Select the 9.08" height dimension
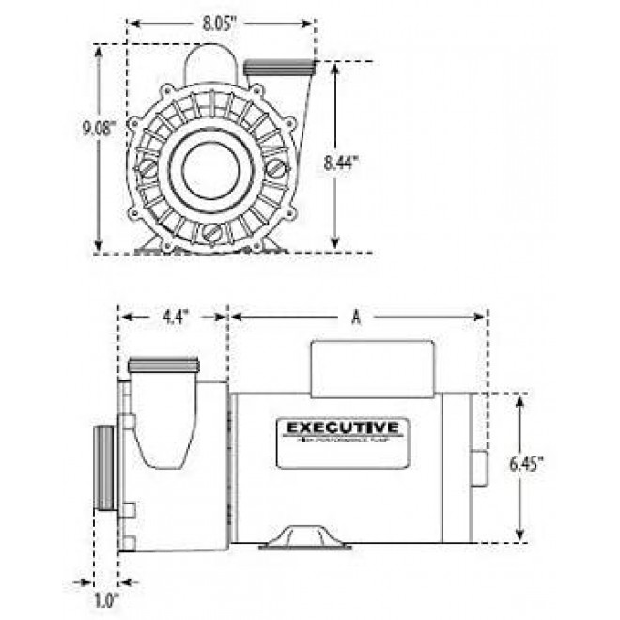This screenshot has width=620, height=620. click(x=98, y=130)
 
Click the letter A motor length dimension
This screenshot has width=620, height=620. click(x=356, y=318)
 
